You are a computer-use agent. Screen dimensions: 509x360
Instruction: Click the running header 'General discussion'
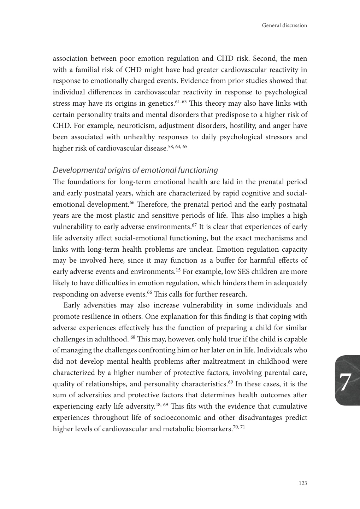tap(284, 25)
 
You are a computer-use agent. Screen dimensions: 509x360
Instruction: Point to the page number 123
tap(303, 483)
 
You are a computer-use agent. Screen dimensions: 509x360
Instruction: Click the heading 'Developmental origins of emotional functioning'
tap(135, 170)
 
